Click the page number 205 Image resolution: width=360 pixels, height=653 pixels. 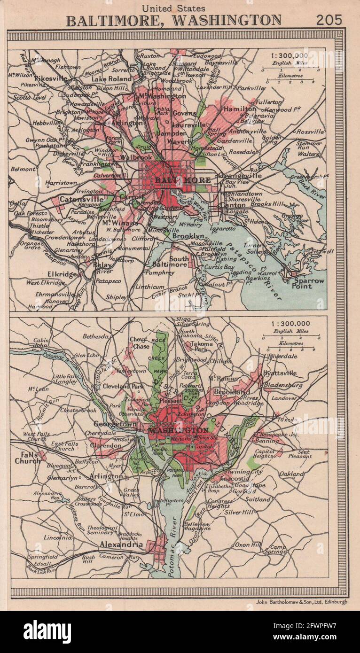coord(329,20)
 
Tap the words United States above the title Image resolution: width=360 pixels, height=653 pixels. coord(173,8)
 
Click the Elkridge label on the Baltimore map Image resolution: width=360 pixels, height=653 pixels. coord(62,274)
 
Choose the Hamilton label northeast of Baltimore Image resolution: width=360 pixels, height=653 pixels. coord(240,109)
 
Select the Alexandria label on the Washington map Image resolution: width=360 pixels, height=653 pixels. coord(121,544)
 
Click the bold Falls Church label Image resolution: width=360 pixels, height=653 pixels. coord(27,458)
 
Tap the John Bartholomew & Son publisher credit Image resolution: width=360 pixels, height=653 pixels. coord(301,602)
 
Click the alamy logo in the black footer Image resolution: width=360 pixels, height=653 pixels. coord(47,631)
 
